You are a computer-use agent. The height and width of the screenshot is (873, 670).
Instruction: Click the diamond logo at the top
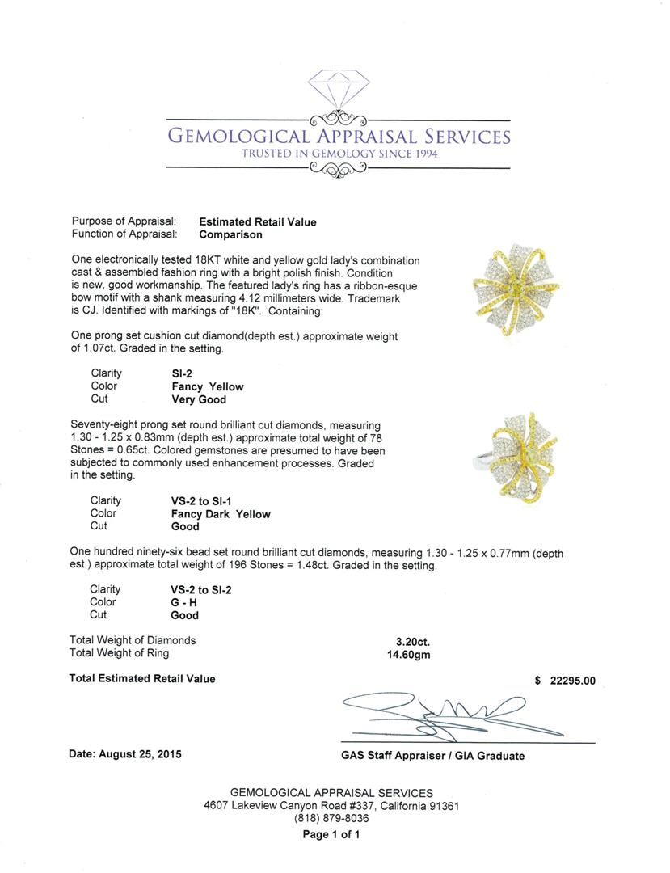[339, 88]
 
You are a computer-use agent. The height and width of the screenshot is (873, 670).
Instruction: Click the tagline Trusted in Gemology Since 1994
[339, 154]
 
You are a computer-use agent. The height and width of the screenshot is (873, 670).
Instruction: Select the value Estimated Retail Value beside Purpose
[258, 221]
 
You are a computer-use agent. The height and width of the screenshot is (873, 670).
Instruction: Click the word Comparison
[230, 234]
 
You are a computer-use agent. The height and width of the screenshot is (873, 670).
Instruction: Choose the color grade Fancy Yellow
[207, 386]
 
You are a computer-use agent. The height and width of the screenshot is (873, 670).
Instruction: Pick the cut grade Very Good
[199, 399]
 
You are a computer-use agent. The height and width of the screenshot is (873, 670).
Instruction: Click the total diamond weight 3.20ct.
[409, 641]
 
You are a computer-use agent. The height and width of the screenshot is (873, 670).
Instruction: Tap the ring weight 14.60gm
[409, 654]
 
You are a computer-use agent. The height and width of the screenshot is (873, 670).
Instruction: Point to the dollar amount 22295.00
[572, 680]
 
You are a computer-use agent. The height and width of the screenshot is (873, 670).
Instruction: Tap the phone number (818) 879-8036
[331, 818]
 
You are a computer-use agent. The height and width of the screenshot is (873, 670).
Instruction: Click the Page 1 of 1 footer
[331, 835]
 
